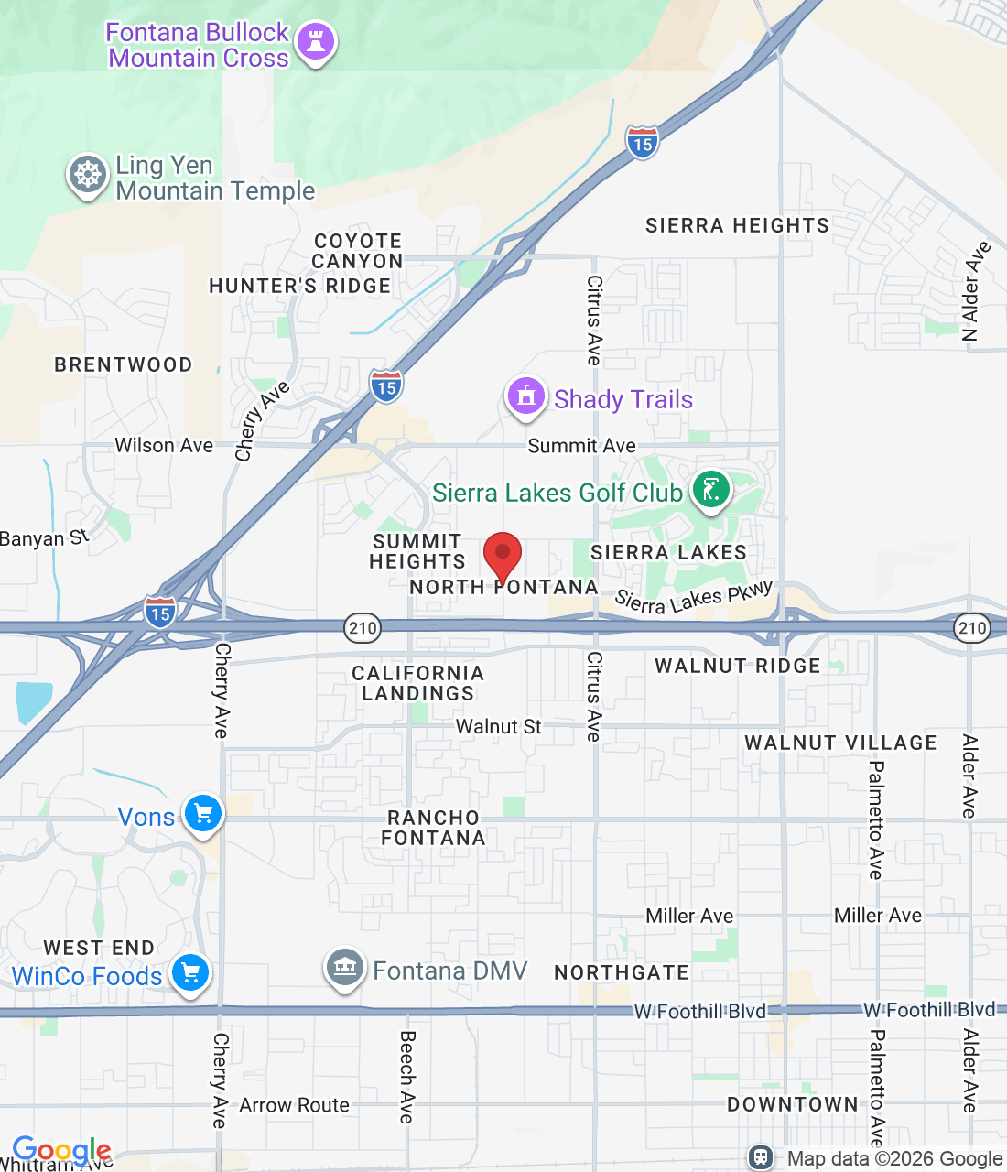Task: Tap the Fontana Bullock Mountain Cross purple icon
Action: pos(317,42)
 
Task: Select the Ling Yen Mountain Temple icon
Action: pos(88,174)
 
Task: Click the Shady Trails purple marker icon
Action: pos(526,397)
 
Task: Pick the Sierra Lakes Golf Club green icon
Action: pos(710,490)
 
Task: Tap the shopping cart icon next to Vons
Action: pos(203,813)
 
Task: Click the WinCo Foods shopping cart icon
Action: pos(190,972)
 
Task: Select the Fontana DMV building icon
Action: pos(344,967)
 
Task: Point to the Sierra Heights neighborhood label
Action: pos(737,225)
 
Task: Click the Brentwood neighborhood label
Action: pos(124,364)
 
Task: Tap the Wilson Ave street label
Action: pos(164,445)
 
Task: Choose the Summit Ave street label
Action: pos(581,446)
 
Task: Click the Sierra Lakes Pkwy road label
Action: pos(694,597)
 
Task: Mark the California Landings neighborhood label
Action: pos(418,683)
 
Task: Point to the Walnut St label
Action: pos(498,727)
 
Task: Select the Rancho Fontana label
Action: pos(433,828)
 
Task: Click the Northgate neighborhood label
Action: pos(622,972)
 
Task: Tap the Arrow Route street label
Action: pos(294,1105)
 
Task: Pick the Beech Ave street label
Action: pos(407,1077)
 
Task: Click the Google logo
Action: pos(61,1150)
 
